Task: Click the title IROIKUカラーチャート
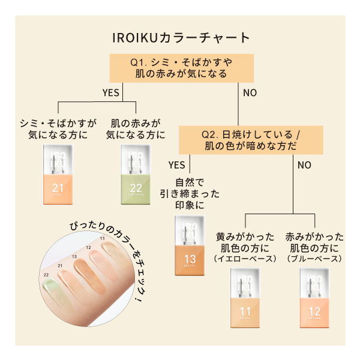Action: click(x=180, y=37)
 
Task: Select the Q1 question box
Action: click(x=180, y=68)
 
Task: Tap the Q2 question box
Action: click(x=251, y=139)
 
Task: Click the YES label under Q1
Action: click(x=111, y=93)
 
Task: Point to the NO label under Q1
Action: click(x=250, y=93)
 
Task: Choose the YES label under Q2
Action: click(x=176, y=164)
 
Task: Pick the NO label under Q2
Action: click(x=304, y=164)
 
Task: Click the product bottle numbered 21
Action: click(x=58, y=174)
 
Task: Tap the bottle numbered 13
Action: click(x=190, y=246)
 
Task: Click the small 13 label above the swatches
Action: click(x=74, y=256)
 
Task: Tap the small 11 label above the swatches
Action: click(x=103, y=239)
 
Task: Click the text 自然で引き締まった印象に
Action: click(x=190, y=193)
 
